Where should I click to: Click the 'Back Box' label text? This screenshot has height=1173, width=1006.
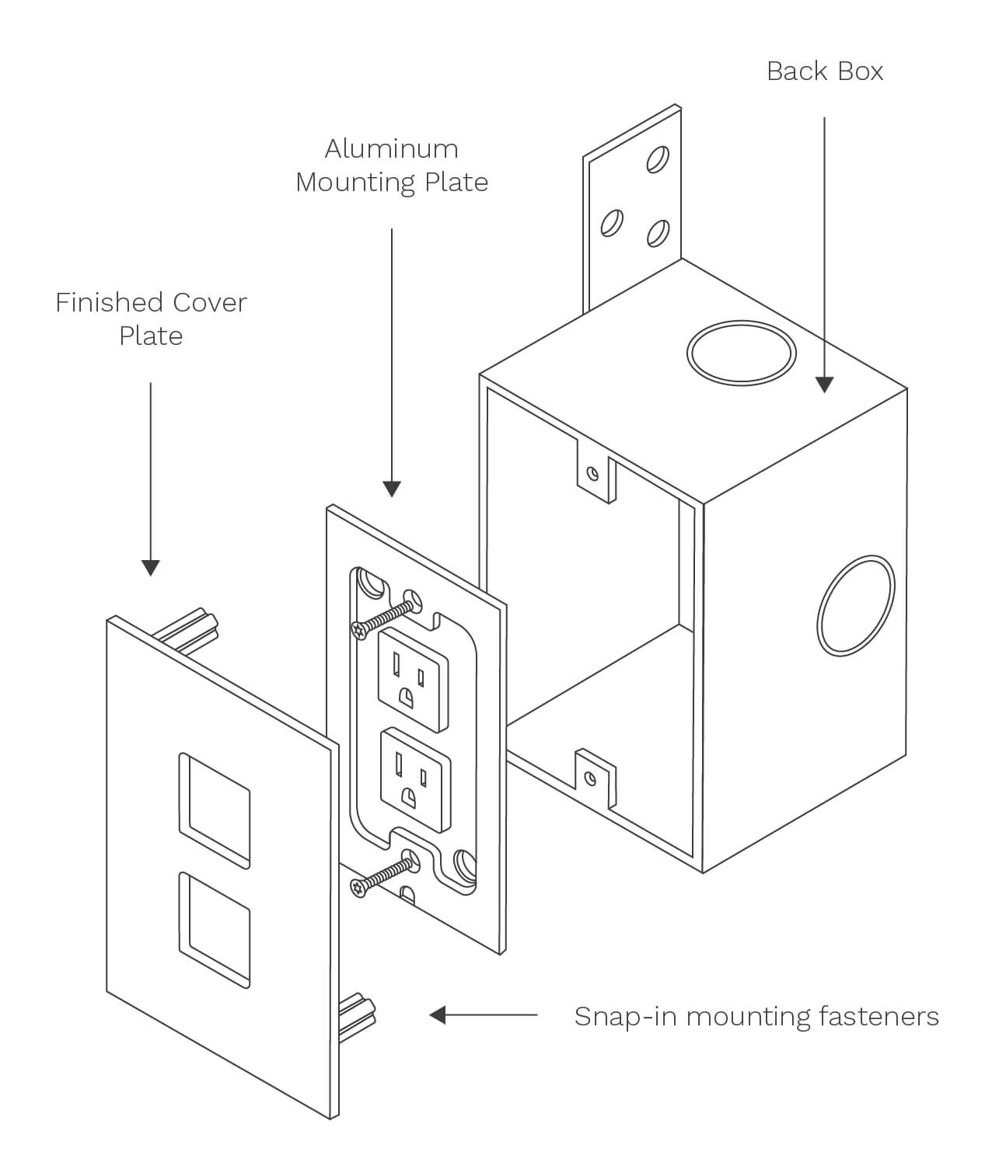(825, 71)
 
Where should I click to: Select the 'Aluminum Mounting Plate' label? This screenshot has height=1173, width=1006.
(392, 165)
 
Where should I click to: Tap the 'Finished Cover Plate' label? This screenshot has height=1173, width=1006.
(151, 318)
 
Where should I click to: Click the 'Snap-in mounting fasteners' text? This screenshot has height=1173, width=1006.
(756, 1016)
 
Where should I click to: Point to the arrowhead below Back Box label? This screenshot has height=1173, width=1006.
(824, 384)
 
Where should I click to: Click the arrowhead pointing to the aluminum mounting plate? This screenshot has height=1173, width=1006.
(392, 488)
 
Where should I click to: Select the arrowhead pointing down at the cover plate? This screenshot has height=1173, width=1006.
(151, 567)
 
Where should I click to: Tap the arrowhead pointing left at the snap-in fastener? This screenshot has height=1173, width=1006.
(438, 1015)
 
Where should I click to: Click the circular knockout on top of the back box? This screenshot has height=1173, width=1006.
(741, 353)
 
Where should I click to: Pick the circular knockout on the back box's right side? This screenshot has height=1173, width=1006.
(855, 606)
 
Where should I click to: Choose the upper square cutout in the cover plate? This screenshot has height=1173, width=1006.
(215, 809)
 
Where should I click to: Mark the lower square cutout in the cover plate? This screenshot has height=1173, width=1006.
(215, 929)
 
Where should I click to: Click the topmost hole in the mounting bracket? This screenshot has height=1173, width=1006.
(657, 159)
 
